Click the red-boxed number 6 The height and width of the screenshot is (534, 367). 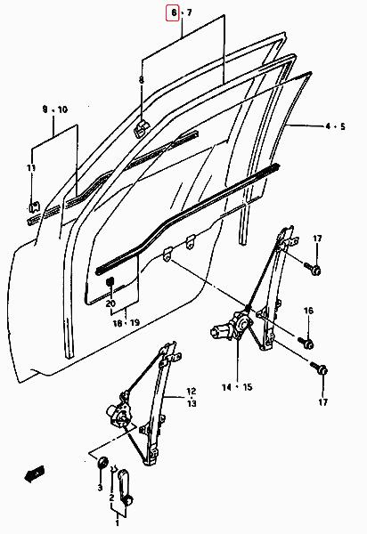174,13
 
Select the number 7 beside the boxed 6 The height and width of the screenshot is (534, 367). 190,13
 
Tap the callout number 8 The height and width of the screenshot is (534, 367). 142,80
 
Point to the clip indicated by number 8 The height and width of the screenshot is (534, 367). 142,128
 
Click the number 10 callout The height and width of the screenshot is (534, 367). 62,109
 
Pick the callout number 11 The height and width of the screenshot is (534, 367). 31,168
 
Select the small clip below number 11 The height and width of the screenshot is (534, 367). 34,207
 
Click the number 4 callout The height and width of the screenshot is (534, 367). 328,126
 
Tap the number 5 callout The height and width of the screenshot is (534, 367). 342,126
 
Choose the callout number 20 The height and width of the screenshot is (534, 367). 110,303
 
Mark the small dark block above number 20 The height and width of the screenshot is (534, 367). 110,281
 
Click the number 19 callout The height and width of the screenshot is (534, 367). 135,322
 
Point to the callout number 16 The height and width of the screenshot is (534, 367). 308,311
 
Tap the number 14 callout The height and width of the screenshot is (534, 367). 226,387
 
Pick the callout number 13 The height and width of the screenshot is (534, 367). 192,403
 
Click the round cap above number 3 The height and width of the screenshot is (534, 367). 102,463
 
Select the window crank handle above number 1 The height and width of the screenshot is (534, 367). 125,488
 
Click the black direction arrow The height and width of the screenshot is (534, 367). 35,473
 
